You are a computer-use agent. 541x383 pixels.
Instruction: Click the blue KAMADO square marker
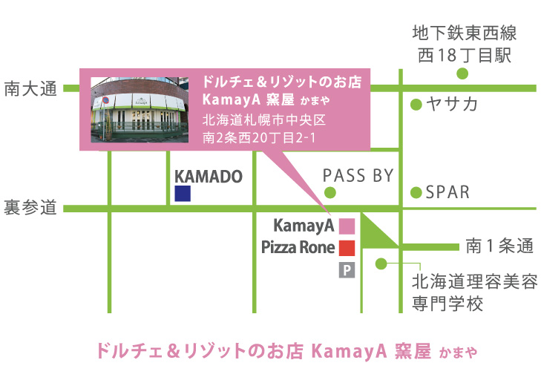click(183, 193)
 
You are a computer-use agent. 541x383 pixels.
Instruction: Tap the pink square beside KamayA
click(347, 226)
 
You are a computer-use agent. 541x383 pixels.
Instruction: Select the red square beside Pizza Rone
click(347, 248)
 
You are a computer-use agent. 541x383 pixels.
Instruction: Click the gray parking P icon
click(347, 270)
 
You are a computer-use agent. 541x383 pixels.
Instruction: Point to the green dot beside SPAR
click(416, 192)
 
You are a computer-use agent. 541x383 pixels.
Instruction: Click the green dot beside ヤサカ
click(416, 105)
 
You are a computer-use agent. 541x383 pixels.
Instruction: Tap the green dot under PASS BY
click(329, 192)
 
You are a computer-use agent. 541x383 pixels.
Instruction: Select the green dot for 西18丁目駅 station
click(462, 73)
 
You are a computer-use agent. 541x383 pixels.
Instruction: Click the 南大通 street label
click(30, 88)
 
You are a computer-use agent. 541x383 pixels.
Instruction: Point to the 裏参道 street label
click(30, 208)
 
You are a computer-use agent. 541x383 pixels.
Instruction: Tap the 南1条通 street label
click(500, 246)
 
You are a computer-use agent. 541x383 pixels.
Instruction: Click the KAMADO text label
click(209, 177)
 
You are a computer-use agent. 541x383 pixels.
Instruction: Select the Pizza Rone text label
click(298, 247)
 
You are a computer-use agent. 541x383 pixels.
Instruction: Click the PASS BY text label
click(358, 176)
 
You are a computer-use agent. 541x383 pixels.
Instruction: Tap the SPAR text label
click(447, 192)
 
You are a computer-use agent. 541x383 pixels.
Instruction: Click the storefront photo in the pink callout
click(140, 110)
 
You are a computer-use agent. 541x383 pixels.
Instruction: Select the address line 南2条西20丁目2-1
click(259, 138)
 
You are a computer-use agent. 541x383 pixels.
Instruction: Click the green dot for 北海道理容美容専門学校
click(381, 263)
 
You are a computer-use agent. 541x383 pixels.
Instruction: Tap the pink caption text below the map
click(287, 352)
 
